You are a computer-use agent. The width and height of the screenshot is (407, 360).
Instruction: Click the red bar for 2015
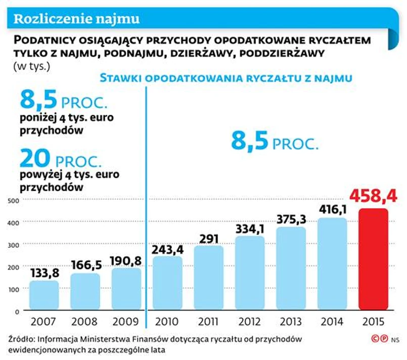click(373, 259)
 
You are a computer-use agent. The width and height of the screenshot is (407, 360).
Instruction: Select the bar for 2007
click(44, 295)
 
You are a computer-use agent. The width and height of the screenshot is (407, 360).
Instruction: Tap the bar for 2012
click(250, 273)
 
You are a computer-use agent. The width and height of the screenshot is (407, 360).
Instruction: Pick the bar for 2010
click(167, 283)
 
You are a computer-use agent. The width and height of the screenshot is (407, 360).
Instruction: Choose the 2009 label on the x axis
click(126, 322)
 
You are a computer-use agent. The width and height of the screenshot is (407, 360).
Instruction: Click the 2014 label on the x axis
click(332, 322)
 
